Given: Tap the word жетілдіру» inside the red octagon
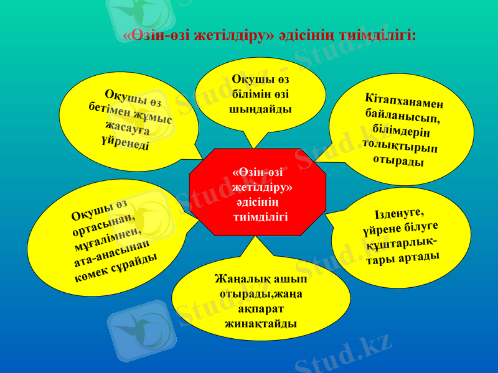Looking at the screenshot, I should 263,187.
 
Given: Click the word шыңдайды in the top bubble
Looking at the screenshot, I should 261,108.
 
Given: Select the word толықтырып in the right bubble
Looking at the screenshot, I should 398,146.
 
